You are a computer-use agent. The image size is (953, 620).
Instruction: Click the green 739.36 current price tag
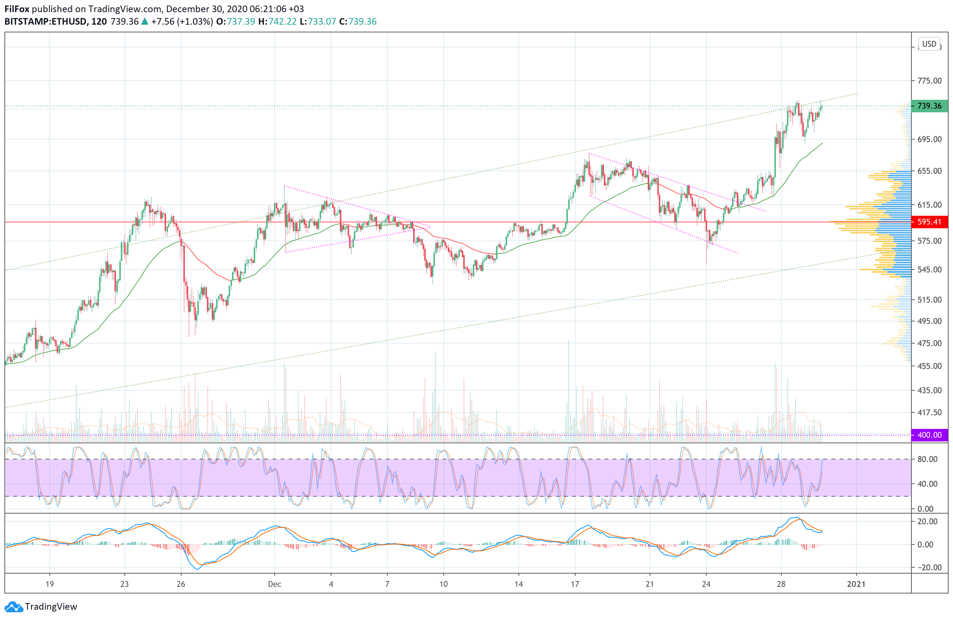pos(929,106)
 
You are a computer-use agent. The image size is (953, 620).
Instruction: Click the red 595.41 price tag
pos(929,222)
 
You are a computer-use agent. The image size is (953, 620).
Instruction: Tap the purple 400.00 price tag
pos(929,435)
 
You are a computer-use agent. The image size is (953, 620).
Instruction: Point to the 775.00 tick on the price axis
pos(929,81)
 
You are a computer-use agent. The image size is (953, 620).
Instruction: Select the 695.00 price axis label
pos(929,139)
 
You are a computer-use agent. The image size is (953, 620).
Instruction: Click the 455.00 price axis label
pos(929,366)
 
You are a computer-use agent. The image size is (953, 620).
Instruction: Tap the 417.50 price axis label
pos(929,412)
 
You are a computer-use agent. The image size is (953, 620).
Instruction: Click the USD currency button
pos(929,44)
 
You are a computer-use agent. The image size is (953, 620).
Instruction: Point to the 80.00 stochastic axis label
pos(927,459)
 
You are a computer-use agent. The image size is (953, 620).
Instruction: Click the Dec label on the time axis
pos(274,584)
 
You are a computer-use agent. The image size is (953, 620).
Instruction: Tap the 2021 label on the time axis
pos(856,584)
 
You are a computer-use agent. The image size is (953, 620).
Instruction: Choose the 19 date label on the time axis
pos(49,584)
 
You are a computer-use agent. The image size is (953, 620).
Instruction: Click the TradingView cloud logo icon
pos(14,607)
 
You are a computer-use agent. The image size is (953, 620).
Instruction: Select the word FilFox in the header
pos(17,9)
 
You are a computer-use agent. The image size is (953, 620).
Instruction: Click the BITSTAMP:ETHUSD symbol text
pos(46,22)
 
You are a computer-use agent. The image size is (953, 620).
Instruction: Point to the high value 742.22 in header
pos(282,22)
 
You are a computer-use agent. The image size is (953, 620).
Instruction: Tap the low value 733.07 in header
pos(321,22)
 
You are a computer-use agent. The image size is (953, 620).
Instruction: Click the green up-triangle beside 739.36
pos(145,22)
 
